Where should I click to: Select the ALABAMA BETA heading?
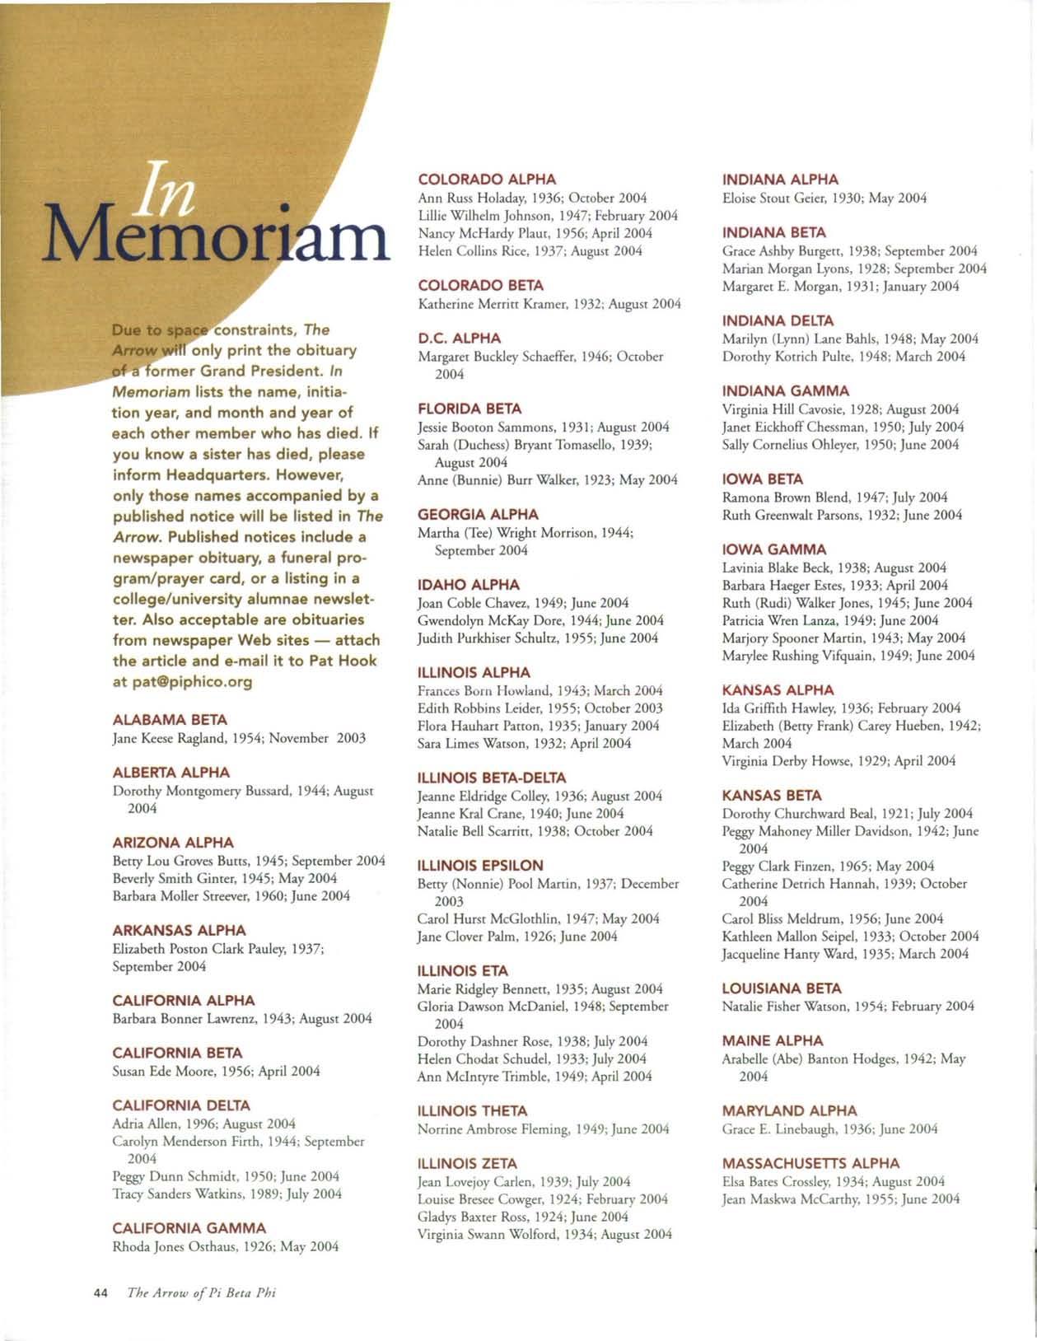(170, 720)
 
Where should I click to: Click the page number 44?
(101, 1293)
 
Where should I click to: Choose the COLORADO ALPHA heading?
(487, 180)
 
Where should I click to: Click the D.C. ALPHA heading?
(459, 339)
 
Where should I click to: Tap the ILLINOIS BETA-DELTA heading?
(492, 778)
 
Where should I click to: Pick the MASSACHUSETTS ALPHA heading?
(810, 1164)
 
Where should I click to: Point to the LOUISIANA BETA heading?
(781, 988)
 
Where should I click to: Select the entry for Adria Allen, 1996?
(203, 1124)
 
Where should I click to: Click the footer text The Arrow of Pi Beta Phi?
(202, 1293)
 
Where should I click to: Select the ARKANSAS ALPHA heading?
(179, 931)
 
